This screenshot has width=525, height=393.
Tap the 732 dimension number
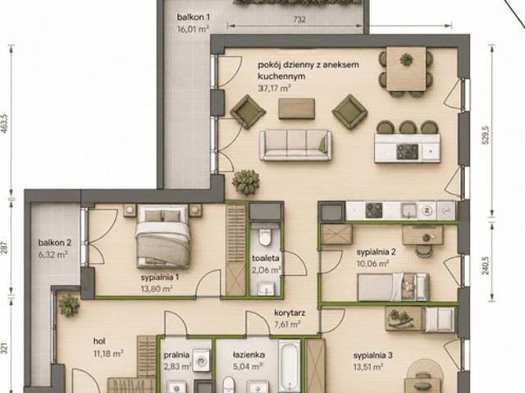click(x=299, y=20)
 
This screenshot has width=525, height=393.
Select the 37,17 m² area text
click(x=274, y=89)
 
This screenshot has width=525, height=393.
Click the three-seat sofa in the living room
click(x=295, y=145)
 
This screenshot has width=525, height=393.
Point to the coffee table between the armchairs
click(x=296, y=108)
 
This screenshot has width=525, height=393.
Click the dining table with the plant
click(x=406, y=69)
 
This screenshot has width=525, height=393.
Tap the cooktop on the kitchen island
click(x=407, y=152)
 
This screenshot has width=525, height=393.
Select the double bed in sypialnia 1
click(x=162, y=236)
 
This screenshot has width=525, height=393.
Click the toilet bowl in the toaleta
click(x=265, y=236)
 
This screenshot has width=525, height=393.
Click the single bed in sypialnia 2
click(x=393, y=287)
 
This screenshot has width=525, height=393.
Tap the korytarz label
click(x=290, y=313)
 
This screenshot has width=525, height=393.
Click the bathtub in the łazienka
click(x=290, y=366)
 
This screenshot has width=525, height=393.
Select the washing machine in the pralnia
click(x=201, y=361)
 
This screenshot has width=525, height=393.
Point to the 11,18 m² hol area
click(x=108, y=353)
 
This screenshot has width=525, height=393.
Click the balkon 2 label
click(x=55, y=242)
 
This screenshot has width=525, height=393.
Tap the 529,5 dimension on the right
click(x=486, y=135)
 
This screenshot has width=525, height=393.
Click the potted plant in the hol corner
click(x=69, y=306)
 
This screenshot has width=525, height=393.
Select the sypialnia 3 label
click(x=372, y=355)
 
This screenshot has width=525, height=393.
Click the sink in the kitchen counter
click(x=409, y=211)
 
